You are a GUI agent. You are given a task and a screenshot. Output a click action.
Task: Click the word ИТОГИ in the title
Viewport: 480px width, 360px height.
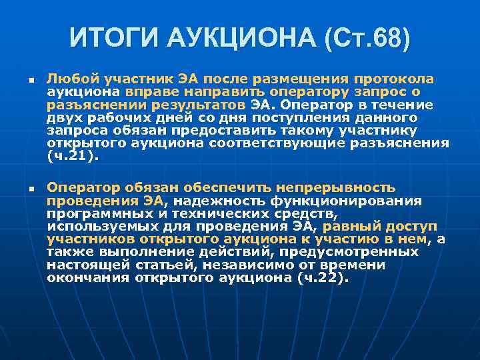pos(109,38)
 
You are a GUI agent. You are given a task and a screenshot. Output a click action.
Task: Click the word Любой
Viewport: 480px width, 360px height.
pos(70,80)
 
